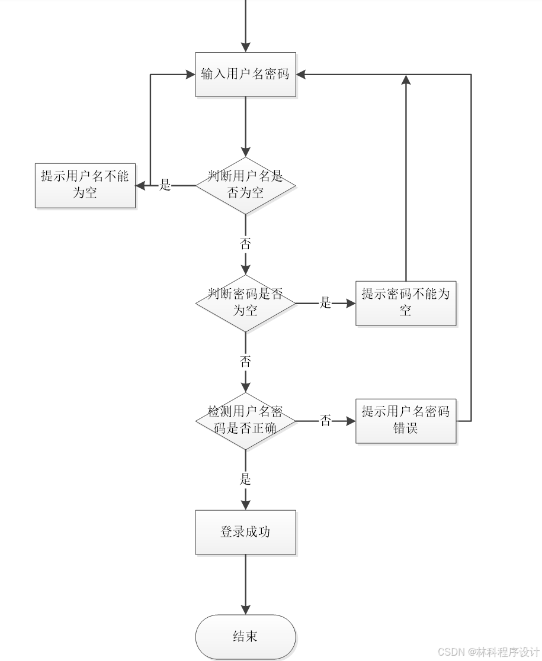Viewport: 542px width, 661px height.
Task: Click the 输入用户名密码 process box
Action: (245, 74)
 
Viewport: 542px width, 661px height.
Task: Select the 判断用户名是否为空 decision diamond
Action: (245, 185)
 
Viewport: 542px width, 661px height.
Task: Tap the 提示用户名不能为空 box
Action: (85, 185)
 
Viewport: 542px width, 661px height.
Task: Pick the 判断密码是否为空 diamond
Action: (245, 303)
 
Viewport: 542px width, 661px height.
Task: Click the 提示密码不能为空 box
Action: (406, 303)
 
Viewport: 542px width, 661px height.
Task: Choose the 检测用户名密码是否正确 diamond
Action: (245, 421)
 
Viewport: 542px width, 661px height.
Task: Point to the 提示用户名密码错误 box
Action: (406, 421)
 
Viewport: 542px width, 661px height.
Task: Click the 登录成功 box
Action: (245, 532)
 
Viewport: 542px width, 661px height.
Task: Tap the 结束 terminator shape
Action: (245, 637)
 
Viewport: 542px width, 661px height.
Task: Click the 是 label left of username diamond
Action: (165, 185)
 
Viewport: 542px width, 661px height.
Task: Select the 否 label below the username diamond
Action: (245, 243)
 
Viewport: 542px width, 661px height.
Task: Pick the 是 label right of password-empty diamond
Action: (325, 303)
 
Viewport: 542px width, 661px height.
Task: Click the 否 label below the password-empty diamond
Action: (245, 361)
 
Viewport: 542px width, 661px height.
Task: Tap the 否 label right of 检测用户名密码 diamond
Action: (325, 421)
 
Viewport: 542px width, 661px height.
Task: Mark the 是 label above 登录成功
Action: (245, 479)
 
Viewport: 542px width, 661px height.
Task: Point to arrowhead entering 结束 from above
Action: (245, 610)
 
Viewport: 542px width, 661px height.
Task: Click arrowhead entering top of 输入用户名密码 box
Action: (245, 47)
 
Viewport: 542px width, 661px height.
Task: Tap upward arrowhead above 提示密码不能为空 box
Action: (406, 79)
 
